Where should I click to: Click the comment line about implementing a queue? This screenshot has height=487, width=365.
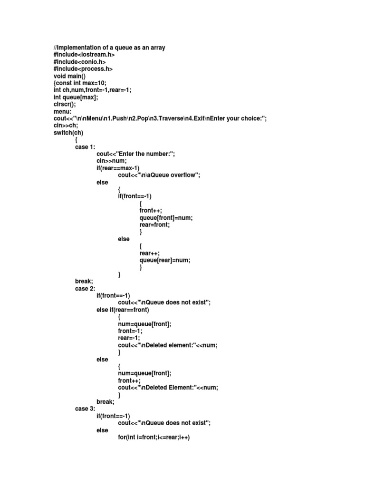point(109,48)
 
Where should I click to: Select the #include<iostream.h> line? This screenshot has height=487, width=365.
point(85,55)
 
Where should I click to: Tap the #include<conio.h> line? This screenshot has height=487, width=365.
point(79,62)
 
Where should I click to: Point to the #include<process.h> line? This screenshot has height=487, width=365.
point(84,69)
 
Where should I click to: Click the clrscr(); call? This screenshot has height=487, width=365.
point(65,105)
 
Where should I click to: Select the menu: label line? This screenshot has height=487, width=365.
point(63,112)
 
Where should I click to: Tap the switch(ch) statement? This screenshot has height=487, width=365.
point(68,133)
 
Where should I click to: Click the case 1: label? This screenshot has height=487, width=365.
point(85,147)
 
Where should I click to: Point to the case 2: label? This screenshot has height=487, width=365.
point(85,288)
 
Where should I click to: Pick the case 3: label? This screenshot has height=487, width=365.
point(85,409)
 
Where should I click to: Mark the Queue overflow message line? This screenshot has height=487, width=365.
point(159,175)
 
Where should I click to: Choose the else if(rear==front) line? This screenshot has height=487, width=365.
point(123,310)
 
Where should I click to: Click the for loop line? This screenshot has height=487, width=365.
point(154,438)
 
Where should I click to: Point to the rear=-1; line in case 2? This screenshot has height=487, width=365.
point(129,338)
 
